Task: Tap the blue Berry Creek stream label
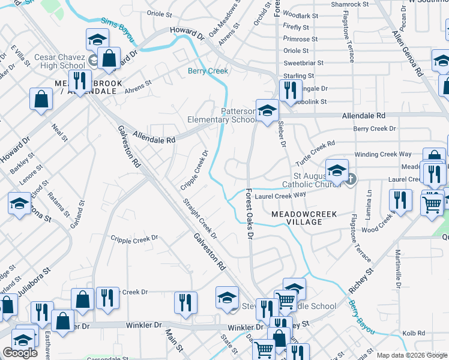point(208,71)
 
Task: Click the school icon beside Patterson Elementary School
point(267,110)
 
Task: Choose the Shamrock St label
point(349,4)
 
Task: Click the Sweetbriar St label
point(303,62)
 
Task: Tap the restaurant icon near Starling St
point(290,90)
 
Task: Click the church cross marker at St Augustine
point(351,178)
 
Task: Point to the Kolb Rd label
point(414,333)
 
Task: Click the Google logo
point(20,353)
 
